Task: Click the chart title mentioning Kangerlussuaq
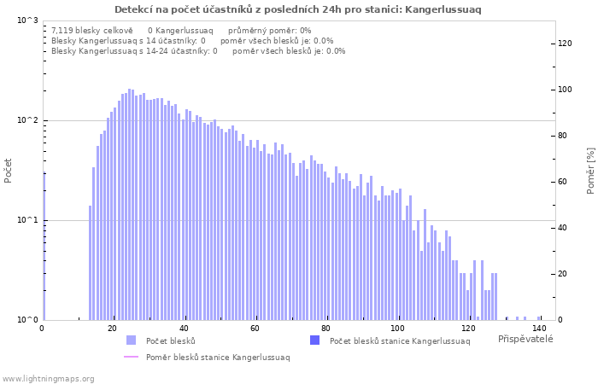298,9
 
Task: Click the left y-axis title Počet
9,170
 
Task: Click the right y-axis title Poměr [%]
590,170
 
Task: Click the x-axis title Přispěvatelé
525,339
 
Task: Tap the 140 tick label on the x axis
539,329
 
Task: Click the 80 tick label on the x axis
325,329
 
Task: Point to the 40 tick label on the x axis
184,329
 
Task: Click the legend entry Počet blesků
170,340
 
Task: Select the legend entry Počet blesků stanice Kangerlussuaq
399,340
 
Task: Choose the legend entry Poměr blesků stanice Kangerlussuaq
217,357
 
